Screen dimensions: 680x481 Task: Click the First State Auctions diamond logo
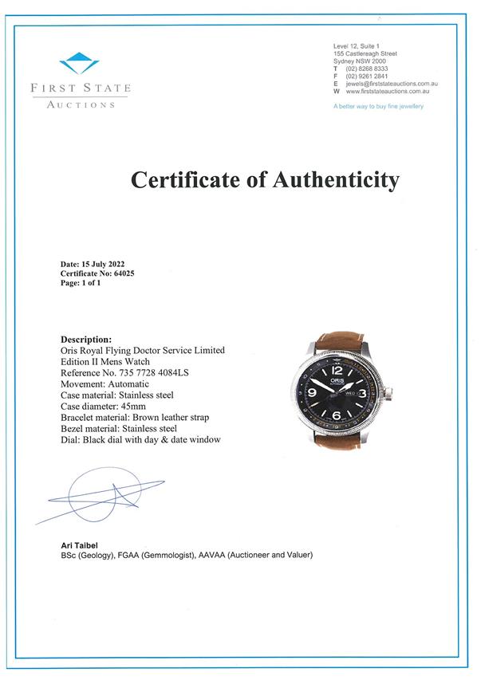[x=80, y=63]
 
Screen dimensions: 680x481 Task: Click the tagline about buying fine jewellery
[x=378, y=105]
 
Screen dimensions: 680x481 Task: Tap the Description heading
[x=86, y=340]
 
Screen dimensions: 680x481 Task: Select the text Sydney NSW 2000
[x=360, y=61]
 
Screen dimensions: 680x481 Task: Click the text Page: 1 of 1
[x=81, y=282]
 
